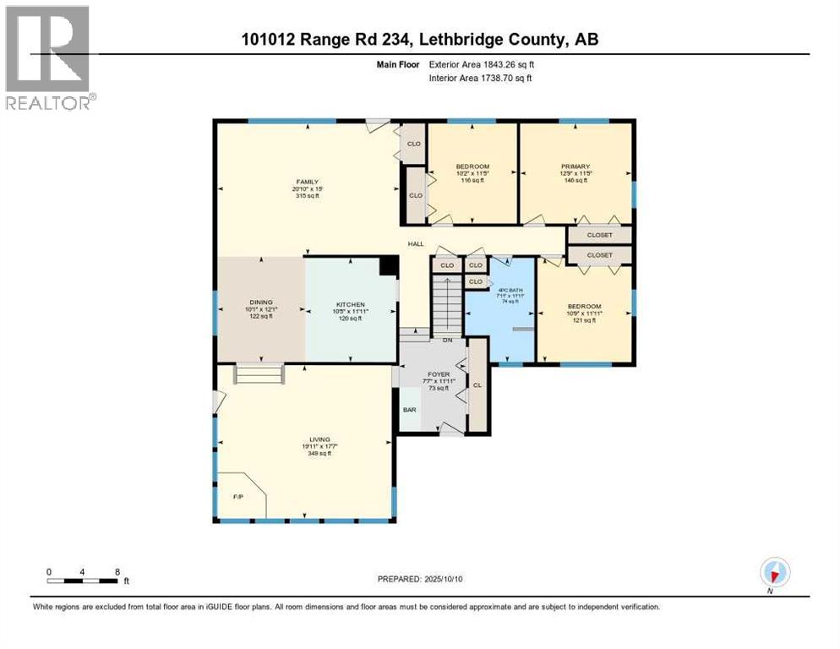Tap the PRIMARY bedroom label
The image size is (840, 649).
click(x=575, y=166)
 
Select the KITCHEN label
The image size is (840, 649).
click(x=350, y=303)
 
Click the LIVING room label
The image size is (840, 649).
click(x=319, y=439)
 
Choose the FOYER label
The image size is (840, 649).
click(x=439, y=374)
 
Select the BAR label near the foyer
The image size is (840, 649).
click(x=410, y=410)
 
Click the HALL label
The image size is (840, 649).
click(x=416, y=244)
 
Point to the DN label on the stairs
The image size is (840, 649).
click(x=448, y=340)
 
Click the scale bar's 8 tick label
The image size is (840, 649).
click(x=116, y=571)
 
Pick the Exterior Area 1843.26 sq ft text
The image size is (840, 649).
click(x=481, y=64)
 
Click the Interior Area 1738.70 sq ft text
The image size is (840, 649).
click(x=481, y=79)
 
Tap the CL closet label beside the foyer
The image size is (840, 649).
click(x=477, y=384)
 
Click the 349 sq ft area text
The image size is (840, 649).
click(x=319, y=454)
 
